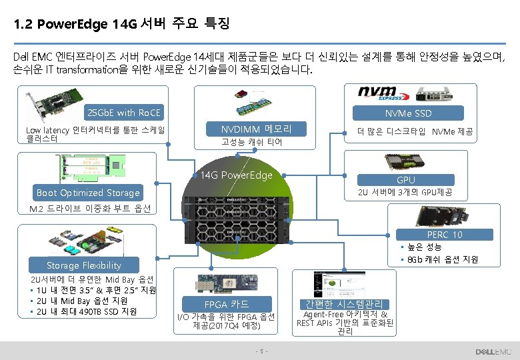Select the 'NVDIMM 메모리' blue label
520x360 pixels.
[x=256, y=128]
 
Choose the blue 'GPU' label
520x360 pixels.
[x=406, y=179]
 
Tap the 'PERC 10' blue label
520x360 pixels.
[x=445, y=235]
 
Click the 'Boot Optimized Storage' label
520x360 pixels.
[x=88, y=193]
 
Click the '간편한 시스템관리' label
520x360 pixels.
[x=344, y=304]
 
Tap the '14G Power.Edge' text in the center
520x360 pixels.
[x=237, y=175]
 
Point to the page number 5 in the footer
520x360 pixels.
[x=263, y=351]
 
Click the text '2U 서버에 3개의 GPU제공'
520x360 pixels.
[x=405, y=193]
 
